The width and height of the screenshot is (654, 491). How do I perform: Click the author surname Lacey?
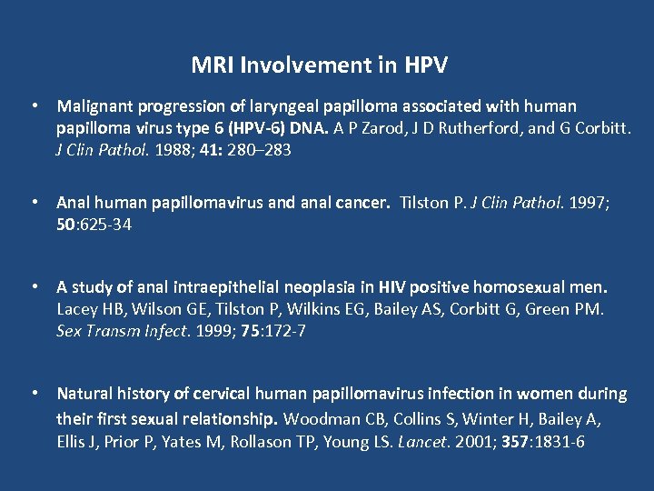(x=76, y=309)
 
